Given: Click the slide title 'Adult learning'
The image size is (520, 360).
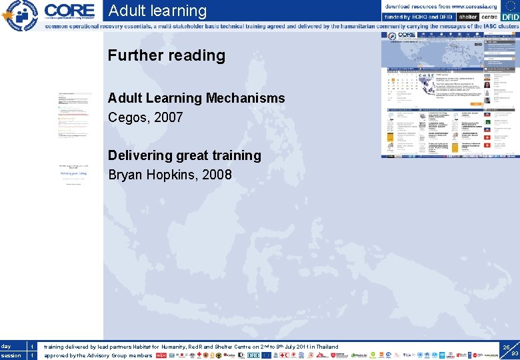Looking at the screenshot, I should click(157, 11).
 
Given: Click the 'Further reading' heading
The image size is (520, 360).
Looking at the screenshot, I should click(167, 55).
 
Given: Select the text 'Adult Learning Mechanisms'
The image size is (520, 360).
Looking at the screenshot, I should click(196, 98).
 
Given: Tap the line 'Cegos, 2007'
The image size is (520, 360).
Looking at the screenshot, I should click(145, 117).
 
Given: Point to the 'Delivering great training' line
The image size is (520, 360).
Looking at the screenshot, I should click(184, 155).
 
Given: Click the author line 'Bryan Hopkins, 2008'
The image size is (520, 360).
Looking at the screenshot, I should click(170, 175).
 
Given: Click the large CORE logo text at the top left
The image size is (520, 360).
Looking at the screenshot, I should click(69, 11).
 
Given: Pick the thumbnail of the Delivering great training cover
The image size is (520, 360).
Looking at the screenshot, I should click(73, 174).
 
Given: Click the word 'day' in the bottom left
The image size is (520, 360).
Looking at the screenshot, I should click(7, 347).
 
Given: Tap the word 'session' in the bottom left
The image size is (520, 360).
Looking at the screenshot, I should click(11, 355).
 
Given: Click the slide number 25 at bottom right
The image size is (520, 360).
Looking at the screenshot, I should click(507, 347).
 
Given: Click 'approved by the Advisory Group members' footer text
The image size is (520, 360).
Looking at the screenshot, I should click(98, 355).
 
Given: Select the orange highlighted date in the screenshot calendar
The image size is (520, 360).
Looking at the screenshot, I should click(394, 85).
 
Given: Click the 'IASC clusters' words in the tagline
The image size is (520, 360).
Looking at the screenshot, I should click(490, 27).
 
